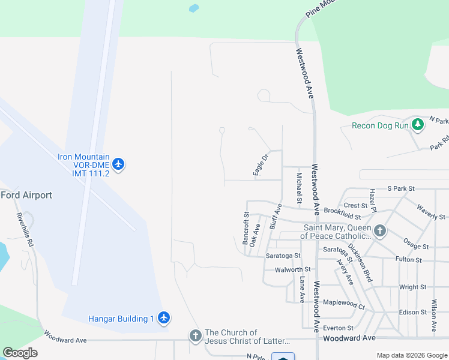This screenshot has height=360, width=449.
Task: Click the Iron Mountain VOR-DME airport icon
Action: pyautogui.click(x=118, y=164)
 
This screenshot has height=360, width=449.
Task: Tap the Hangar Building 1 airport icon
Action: pyautogui.click(x=164, y=319)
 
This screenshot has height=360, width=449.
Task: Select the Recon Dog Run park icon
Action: pyautogui.click(x=418, y=125)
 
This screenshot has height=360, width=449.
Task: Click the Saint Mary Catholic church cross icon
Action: pyautogui.click(x=379, y=231)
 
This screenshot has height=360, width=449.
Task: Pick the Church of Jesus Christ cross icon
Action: pyautogui.click(x=195, y=336)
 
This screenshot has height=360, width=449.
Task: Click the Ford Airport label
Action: pyautogui.click(x=26, y=195)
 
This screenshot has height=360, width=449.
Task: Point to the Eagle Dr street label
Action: pyautogui.click(x=259, y=164)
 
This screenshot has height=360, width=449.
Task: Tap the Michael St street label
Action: pyautogui.click(x=299, y=187)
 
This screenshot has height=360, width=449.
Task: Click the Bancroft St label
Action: pyautogui.click(x=246, y=228)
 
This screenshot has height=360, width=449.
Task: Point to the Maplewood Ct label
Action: pyautogui.click(x=344, y=305)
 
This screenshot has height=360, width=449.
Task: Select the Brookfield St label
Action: pyautogui.click(x=342, y=214)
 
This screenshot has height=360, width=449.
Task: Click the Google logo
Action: pyautogui.click(x=20, y=353)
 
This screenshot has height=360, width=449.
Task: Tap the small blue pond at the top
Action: pyautogui.click(x=193, y=9)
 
